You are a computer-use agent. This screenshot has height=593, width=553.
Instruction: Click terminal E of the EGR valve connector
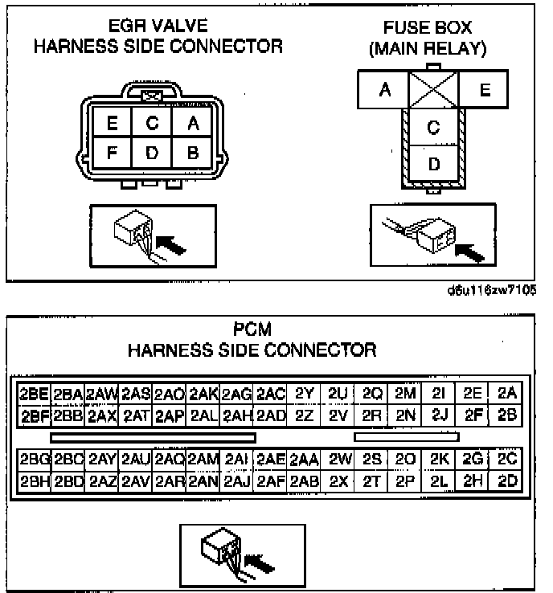(x=112, y=124)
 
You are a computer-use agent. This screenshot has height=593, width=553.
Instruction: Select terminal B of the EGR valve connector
(x=193, y=152)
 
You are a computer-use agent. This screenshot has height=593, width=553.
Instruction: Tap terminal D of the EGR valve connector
(x=153, y=152)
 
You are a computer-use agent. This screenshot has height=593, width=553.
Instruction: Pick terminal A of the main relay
(x=384, y=90)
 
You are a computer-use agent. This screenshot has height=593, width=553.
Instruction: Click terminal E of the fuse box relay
(x=484, y=90)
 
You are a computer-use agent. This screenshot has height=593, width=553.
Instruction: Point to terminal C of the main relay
(x=434, y=127)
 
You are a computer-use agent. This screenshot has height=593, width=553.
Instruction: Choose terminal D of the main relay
(x=434, y=164)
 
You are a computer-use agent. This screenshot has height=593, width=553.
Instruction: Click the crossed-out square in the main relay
(x=434, y=90)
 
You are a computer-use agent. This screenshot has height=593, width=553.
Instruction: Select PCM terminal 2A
(x=506, y=394)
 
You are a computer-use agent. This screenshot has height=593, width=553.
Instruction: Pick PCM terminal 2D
(x=506, y=481)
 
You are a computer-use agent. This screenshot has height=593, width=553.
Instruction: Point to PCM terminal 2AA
(x=304, y=460)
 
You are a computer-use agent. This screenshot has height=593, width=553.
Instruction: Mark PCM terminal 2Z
(x=304, y=415)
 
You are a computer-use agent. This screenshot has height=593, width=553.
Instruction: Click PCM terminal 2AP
(x=170, y=415)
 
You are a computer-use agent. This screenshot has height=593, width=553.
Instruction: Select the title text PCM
(x=252, y=329)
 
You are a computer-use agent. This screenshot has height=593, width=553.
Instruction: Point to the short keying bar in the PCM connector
(x=407, y=437)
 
